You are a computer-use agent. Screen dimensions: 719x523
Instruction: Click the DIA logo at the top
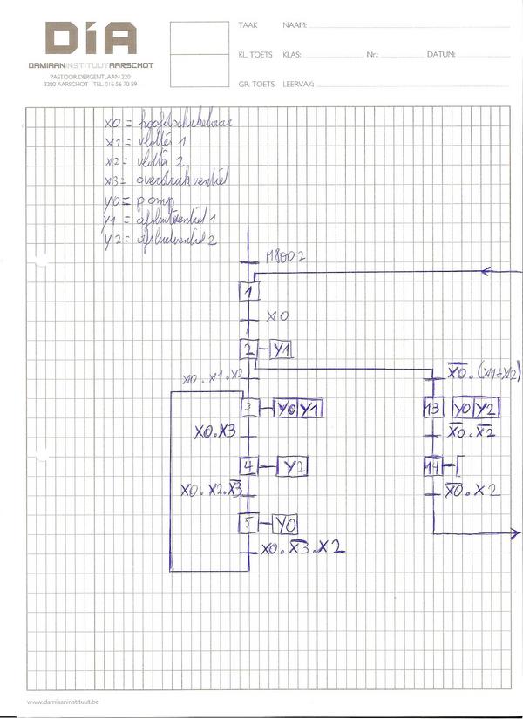click(92, 40)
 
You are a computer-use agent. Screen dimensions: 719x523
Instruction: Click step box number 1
click(250, 291)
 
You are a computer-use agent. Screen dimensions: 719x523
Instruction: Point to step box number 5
click(249, 524)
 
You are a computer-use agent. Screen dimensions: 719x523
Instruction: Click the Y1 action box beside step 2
click(281, 349)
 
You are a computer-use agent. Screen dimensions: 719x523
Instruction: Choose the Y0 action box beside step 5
click(285, 524)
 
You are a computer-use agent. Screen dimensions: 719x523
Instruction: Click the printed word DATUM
click(441, 55)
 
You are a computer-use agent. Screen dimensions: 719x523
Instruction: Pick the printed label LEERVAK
click(297, 84)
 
